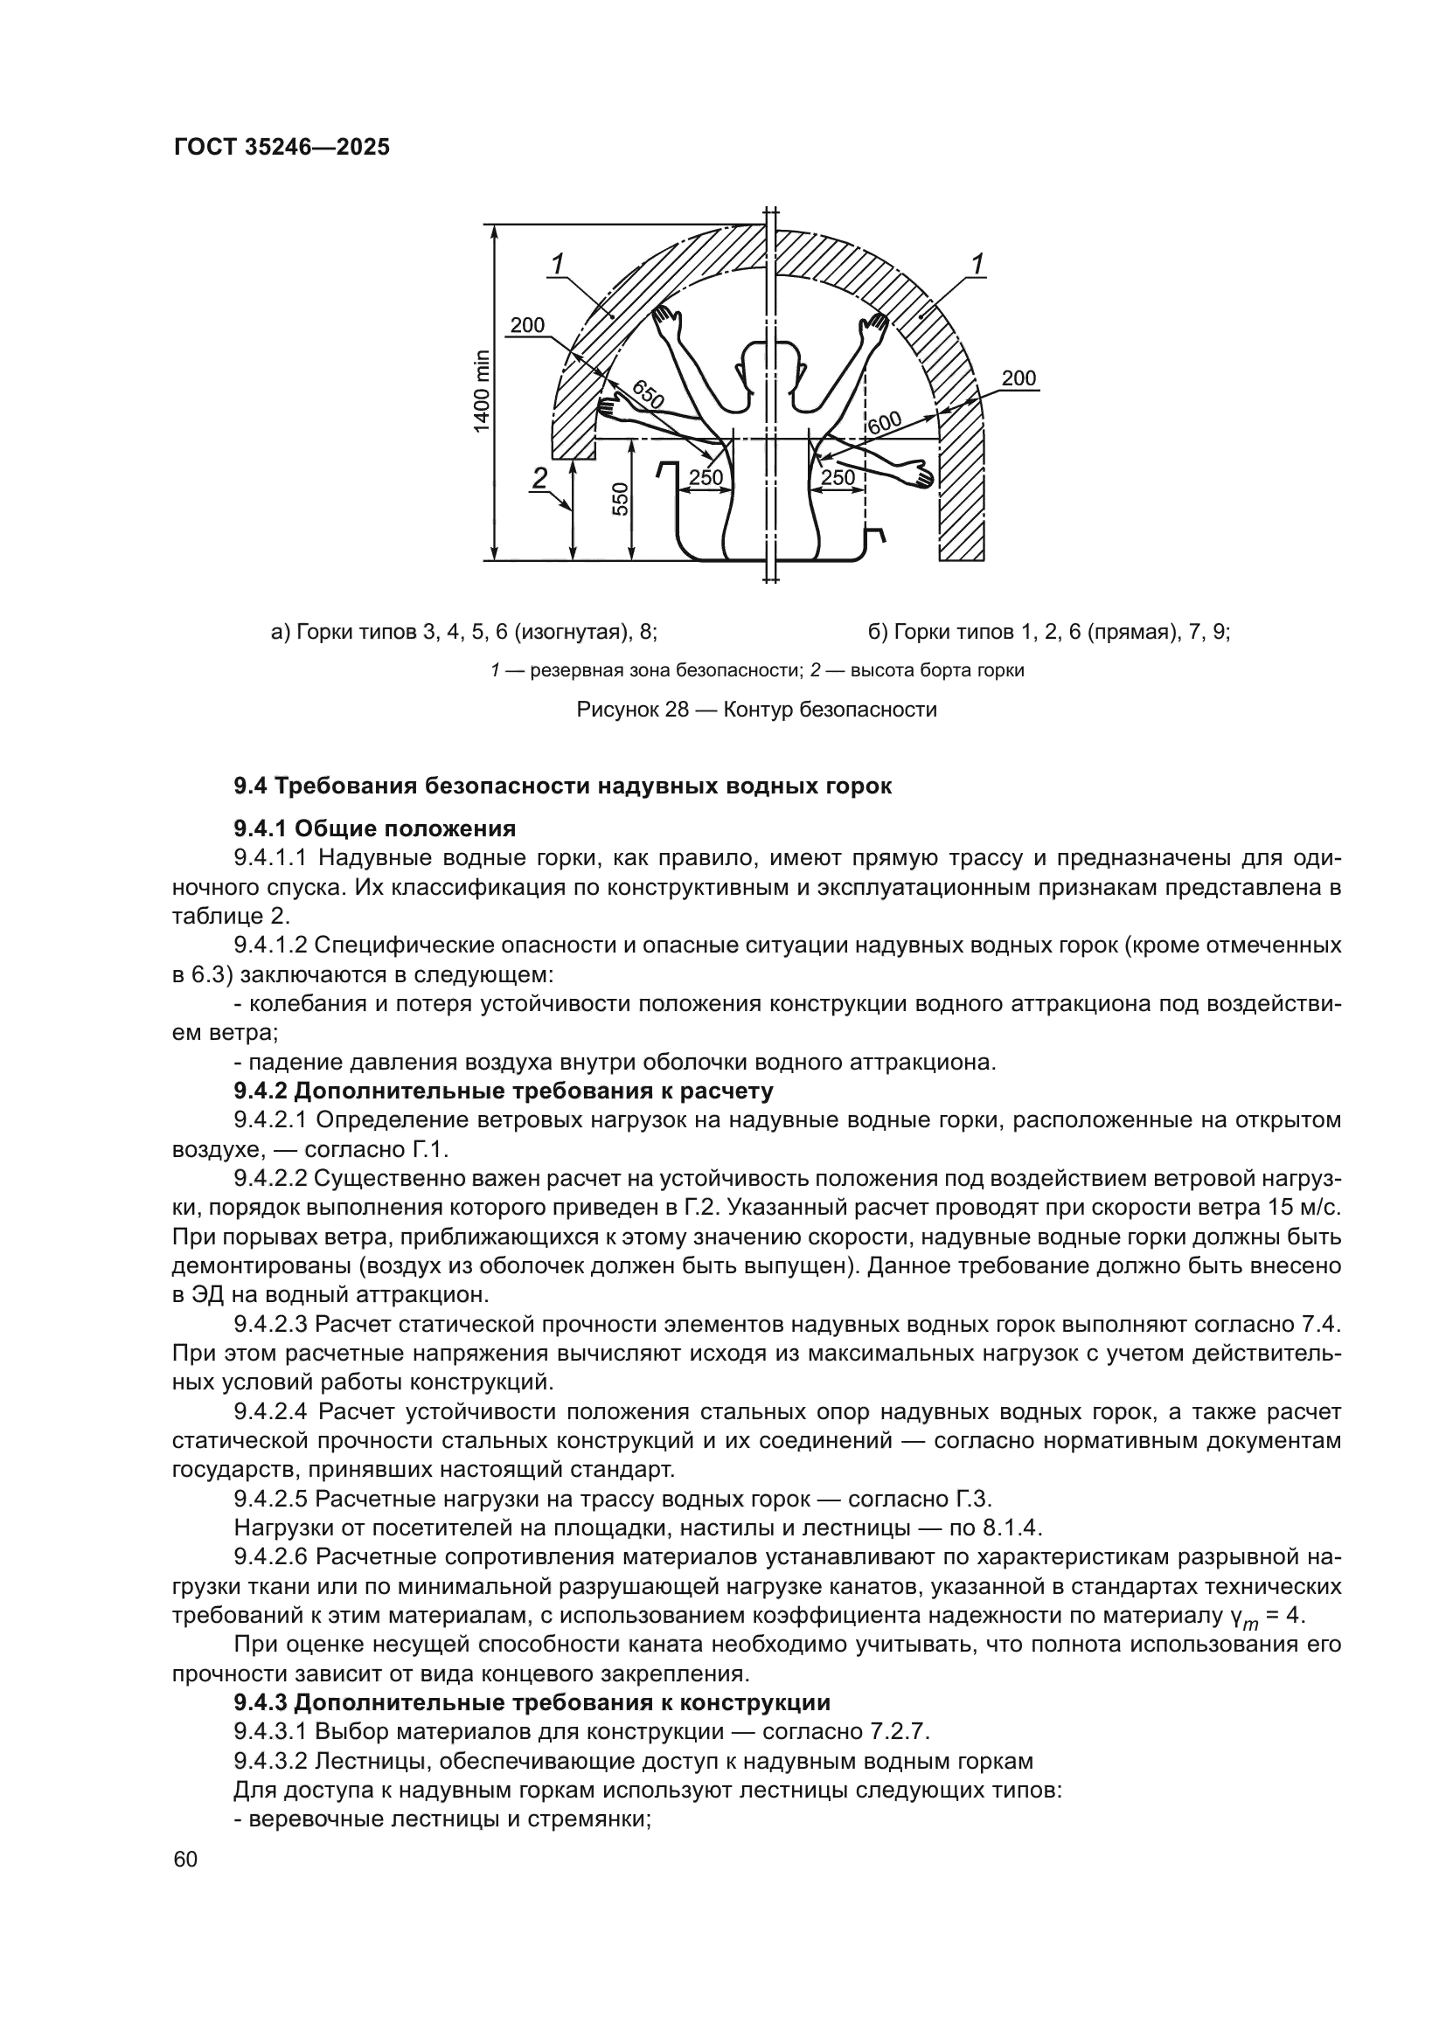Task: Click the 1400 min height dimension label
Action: [x=482, y=391]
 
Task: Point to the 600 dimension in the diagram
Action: [x=884, y=424]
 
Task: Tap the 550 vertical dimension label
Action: [x=621, y=498]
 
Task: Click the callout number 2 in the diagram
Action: [x=539, y=479]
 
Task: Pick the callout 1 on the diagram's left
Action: [x=559, y=264]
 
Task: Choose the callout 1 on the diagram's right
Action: [x=977, y=264]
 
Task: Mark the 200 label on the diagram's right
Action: [x=1018, y=378]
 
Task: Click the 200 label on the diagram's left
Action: [x=527, y=326]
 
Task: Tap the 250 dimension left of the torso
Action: [x=706, y=478]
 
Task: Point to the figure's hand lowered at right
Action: [x=917, y=475]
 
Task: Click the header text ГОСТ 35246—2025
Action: [x=282, y=148]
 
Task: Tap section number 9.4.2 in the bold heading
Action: [x=260, y=1091]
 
